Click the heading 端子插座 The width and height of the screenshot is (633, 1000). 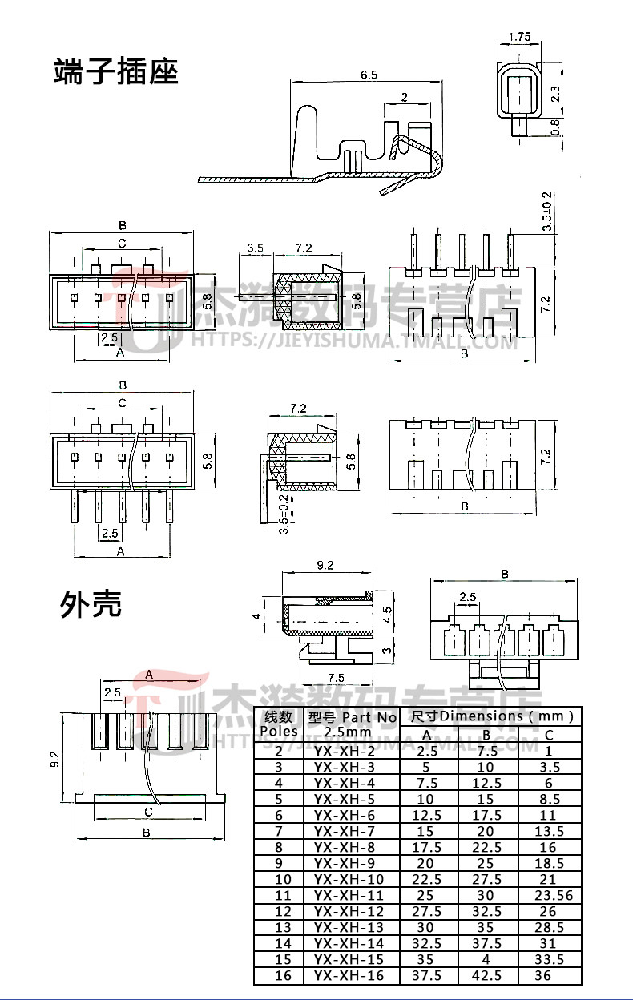pos(115,71)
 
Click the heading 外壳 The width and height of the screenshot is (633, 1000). pos(91,603)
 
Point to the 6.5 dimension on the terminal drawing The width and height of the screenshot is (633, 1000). pos(369,75)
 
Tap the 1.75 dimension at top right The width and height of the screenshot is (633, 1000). pos(521,37)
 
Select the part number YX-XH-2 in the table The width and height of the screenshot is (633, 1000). pos(345,751)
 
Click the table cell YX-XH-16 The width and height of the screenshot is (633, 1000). pos(349,975)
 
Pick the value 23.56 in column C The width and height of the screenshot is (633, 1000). pos(549,895)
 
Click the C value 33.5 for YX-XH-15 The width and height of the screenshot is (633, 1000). pos(549,959)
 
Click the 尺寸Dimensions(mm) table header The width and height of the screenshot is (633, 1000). pos(493,716)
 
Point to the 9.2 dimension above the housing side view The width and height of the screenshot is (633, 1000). pos(325,566)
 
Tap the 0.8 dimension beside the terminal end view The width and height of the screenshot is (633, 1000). pos(555,127)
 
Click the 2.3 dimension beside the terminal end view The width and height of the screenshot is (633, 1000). pos(555,94)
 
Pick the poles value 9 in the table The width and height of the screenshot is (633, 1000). pos(279,863)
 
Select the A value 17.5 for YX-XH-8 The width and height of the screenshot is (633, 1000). pos(426,847)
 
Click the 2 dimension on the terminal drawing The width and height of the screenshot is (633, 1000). pos(404,98)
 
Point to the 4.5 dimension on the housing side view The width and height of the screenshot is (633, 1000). pos(389,614)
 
